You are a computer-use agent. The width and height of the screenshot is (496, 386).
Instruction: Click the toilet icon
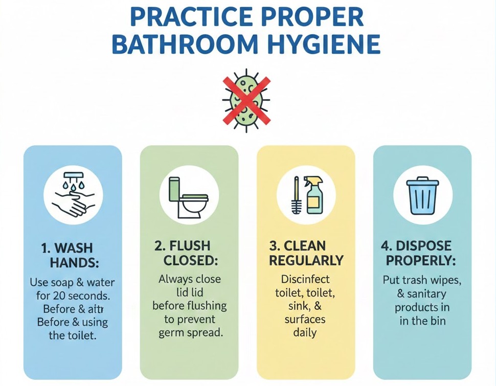(189, 197)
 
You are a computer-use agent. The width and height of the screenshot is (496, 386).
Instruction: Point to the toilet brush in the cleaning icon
(296, 196)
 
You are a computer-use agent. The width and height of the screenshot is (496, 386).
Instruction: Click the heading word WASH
(74, 248)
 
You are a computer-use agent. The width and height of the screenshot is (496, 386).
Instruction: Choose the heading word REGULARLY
(306, 260)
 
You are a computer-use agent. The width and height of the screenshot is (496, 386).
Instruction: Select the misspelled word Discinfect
(306, 280)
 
